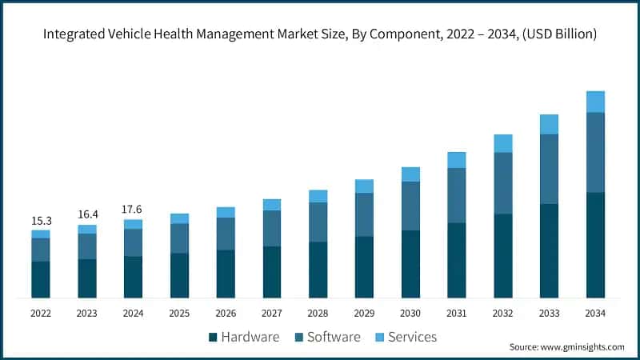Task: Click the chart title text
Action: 320,34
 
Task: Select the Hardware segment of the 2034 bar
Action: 595,245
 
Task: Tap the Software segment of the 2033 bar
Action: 549,169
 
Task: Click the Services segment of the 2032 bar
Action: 502,143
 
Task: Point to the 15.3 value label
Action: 41,220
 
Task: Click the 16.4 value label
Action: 87,214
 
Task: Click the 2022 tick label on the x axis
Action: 41,314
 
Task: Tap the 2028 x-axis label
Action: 318,314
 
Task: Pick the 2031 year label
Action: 457,314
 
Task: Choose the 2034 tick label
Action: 595,314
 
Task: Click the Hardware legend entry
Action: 243,337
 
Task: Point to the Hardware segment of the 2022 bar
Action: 41,279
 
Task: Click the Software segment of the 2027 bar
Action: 272,228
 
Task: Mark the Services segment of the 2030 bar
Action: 410,174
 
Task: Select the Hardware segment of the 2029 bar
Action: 364,267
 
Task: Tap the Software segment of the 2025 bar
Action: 180,238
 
